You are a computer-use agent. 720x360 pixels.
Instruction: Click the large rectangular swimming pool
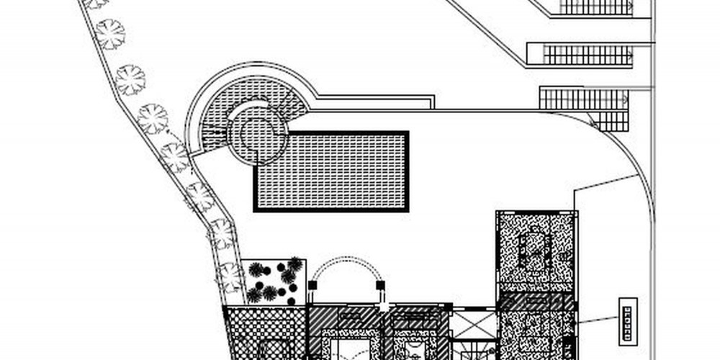[x=331, y=171]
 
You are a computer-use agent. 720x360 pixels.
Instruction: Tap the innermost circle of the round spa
[x=257, y=132]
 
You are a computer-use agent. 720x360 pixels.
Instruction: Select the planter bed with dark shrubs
[x=274, y=281]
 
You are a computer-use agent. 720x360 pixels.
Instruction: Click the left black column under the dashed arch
[x=312, y=286]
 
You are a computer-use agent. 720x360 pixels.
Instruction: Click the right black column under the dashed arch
[x=380, y=286]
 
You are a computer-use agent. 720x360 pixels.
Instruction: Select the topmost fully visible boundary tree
[x=110, y=33]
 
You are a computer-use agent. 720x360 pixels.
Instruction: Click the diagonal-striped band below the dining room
[x=536, y=303]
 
